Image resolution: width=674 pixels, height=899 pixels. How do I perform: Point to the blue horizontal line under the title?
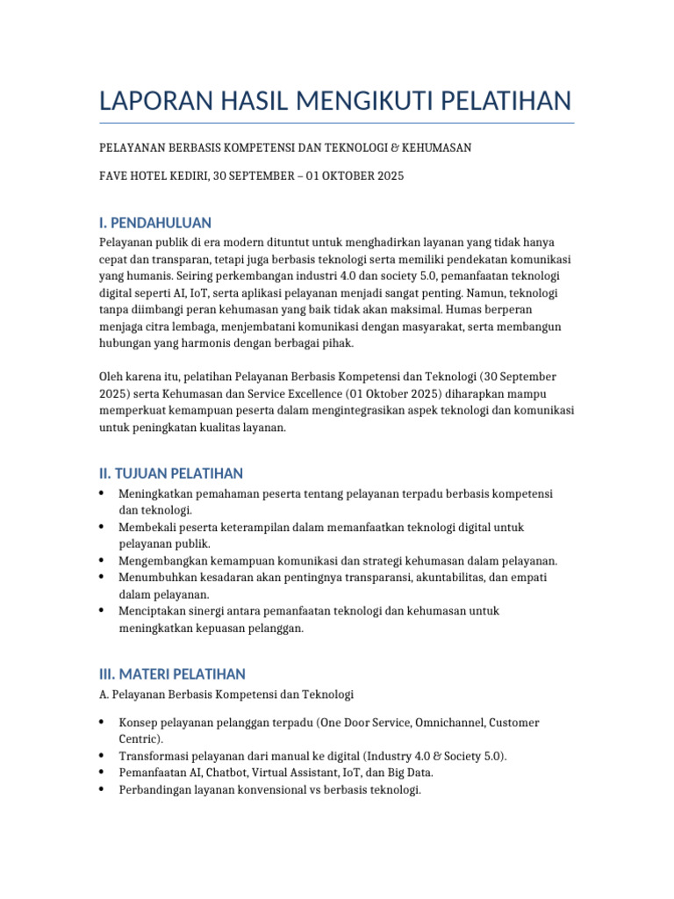[x=337, y=123]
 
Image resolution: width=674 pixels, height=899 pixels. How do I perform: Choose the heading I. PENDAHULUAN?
[x=155, y=222]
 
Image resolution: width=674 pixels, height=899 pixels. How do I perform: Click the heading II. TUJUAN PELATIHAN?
[x=171, y=473]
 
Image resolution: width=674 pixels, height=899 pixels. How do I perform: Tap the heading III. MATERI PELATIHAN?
[x=172, y=674]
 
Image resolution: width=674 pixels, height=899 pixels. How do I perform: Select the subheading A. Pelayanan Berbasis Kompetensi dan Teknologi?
[x=226, y=694]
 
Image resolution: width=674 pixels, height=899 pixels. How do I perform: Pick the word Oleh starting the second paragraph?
[x=112, y=378]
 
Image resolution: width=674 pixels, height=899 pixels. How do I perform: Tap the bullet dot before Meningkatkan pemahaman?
[x=104, y=493]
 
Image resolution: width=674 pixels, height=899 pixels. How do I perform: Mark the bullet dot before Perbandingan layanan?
[x=104, y=789]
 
